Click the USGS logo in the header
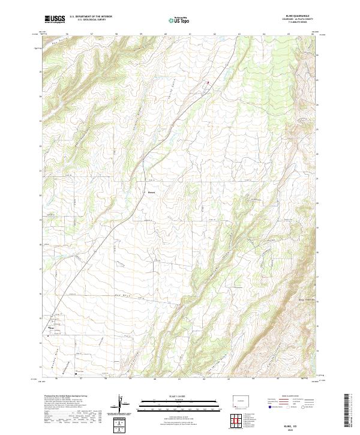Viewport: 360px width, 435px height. (x=55, y=20)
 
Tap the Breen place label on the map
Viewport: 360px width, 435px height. (x=152, y=193)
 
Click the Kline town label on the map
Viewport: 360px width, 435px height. (x=51, y=328)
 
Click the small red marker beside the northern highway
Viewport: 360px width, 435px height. (x=208, y=82)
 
